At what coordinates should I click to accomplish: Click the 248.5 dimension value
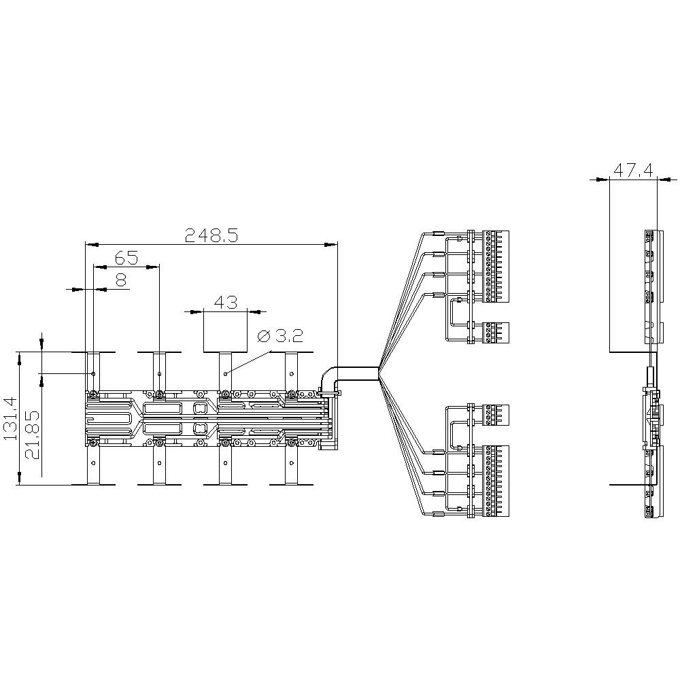tap(211, 235)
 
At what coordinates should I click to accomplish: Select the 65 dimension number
tap(126, 258)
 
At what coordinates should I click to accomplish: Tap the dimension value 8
tap(121, 279)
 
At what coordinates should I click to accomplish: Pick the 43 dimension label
tap(225, 301)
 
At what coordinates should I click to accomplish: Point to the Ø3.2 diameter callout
tap(280, 336)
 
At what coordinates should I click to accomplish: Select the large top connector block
tap(495, 266)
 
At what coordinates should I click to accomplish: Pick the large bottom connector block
tap(495, 479)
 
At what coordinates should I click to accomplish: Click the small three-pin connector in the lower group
tap(495, 414)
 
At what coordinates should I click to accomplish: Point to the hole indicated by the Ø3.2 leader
tap(226, 374)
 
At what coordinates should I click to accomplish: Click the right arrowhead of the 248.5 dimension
tap(333, 243)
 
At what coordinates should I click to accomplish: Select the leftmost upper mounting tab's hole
tap(93, 374)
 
